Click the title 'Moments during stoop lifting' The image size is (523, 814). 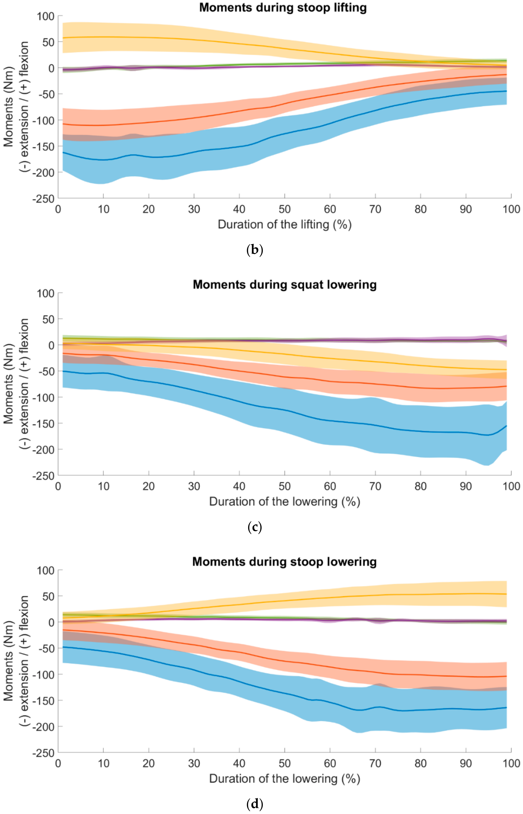coord(283,8)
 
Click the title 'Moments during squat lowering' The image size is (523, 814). coord(285,285)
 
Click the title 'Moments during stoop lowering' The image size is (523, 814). coord(285,562)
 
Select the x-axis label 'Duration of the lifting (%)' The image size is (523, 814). coord(285,225)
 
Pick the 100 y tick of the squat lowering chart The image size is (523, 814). coord(45,293)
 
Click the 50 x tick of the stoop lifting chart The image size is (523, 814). coord(285,209)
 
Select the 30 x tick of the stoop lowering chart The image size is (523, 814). coord(194,763)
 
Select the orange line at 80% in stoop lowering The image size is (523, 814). coord(420,675)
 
